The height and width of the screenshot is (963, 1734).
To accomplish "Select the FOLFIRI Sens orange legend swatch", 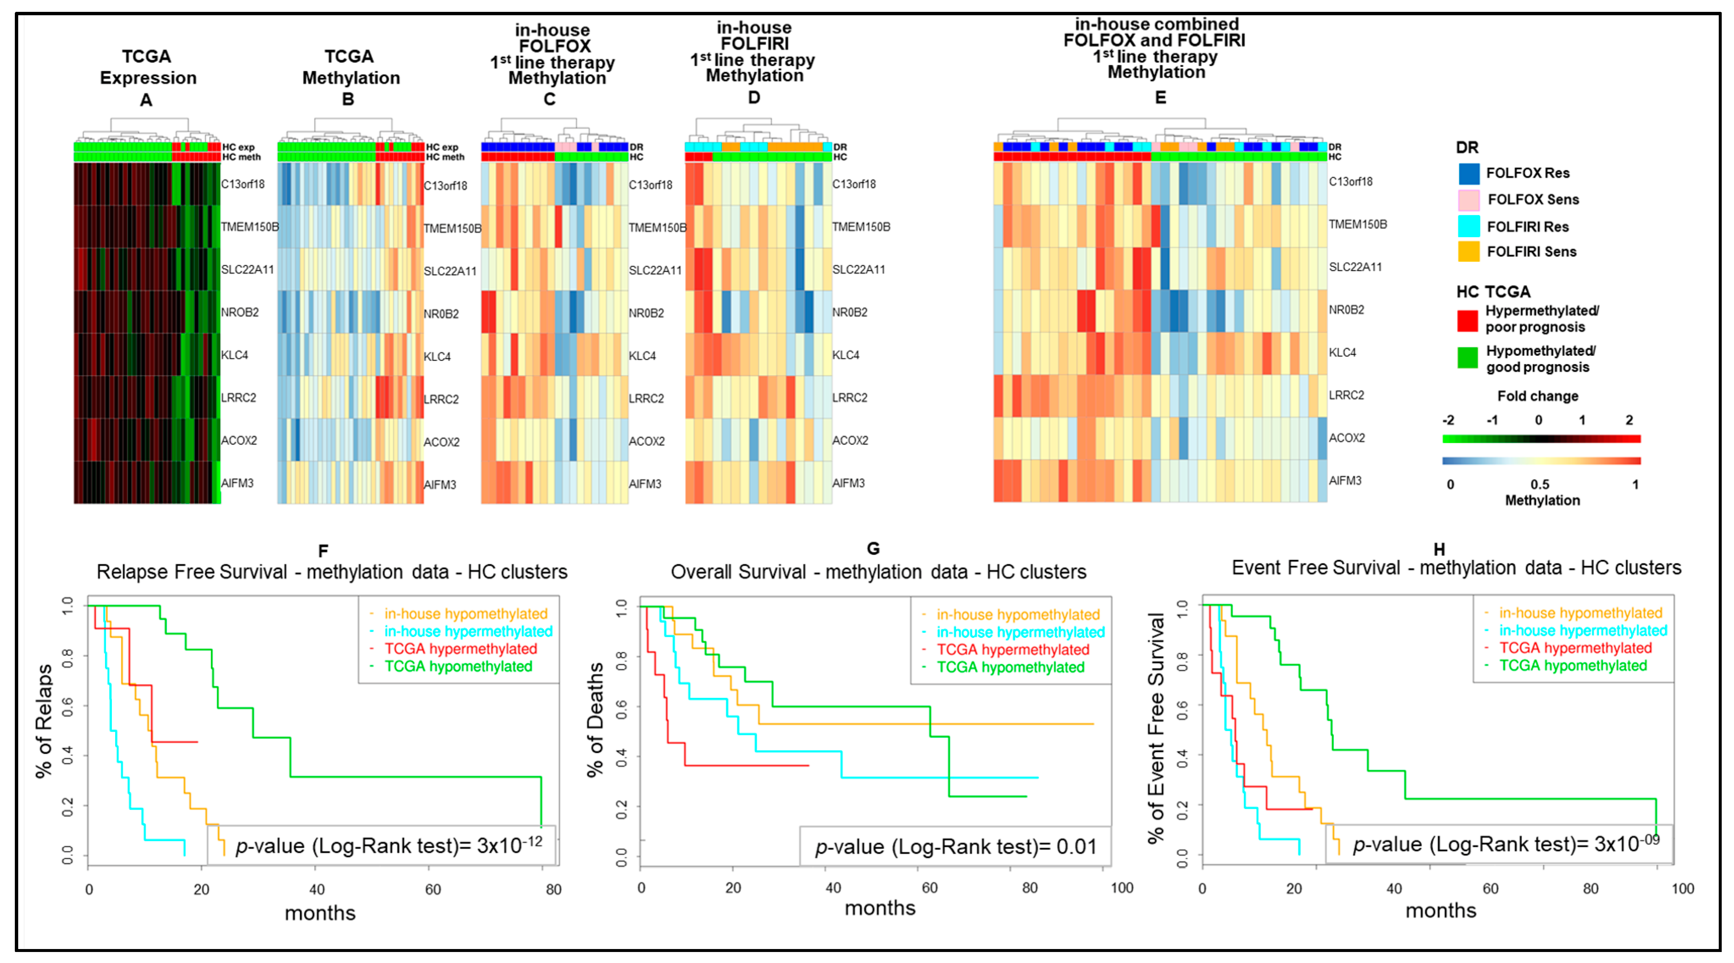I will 1469,252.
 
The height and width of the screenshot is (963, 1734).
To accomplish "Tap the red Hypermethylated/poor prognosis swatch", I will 1468,320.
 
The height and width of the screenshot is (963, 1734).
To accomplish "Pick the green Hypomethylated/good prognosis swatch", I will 1468,358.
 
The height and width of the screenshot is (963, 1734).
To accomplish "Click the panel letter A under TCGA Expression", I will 146,100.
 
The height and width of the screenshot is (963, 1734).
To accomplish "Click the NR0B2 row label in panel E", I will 1346,310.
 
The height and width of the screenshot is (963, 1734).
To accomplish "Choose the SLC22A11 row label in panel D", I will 858,269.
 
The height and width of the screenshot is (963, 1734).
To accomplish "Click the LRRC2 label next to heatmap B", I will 441,399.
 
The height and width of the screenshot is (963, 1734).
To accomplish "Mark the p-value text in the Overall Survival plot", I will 956,847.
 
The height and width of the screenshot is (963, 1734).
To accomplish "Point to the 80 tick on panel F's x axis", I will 553,890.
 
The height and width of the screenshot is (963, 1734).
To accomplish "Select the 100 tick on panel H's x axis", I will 1682,888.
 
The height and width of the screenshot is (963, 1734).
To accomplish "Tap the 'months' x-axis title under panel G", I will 880,908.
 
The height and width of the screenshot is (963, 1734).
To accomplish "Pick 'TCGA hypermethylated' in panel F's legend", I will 460,649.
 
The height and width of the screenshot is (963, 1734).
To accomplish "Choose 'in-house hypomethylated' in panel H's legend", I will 1580,613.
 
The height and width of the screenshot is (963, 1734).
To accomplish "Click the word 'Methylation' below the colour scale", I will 1542,500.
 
